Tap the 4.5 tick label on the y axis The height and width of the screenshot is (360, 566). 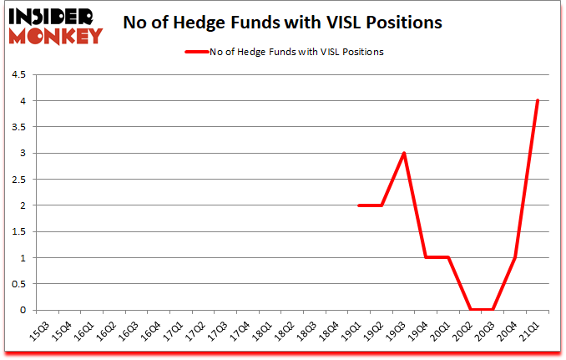17,75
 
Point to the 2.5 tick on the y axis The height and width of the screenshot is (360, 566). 17,180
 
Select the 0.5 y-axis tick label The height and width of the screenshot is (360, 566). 17,284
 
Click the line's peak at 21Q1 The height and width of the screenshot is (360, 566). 538,101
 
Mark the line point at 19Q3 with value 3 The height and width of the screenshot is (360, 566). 403,154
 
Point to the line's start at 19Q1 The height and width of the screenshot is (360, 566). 358,205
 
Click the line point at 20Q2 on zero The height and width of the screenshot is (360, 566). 471,310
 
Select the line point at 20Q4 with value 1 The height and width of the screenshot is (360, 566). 515,258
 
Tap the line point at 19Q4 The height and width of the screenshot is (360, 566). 426,258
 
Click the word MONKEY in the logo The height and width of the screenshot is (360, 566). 55,36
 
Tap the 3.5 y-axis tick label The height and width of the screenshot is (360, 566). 17,127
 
